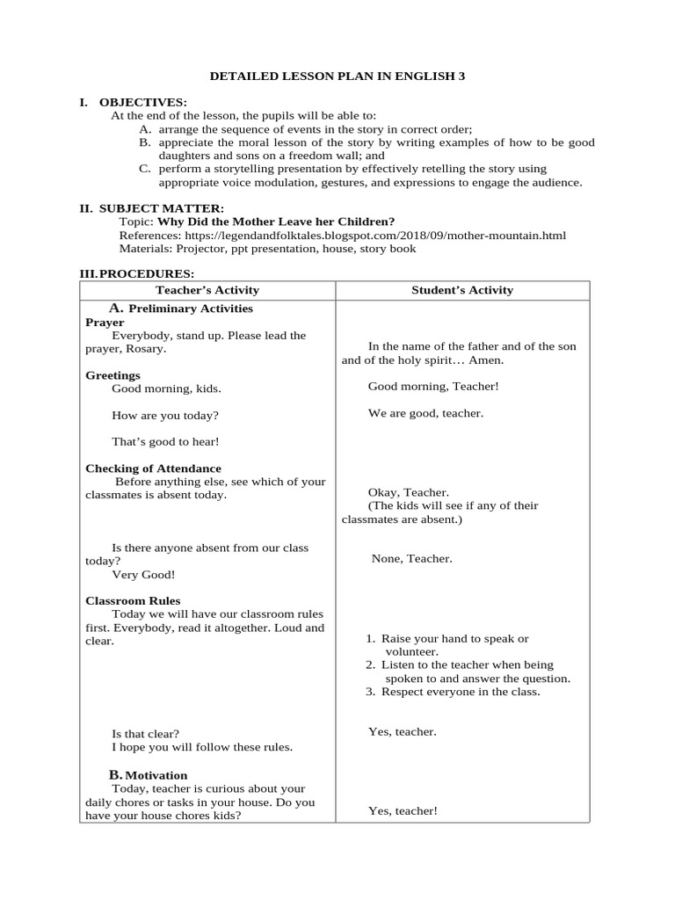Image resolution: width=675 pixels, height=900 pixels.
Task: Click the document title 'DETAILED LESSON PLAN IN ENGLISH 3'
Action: (337, 76)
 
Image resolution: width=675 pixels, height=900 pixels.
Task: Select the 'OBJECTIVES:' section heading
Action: (142, 103)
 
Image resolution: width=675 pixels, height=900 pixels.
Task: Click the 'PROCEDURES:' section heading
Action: (147, 274)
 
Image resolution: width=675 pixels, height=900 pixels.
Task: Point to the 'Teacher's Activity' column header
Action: (207, 290)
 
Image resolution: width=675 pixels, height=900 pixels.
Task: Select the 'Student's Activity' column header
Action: (462, 290)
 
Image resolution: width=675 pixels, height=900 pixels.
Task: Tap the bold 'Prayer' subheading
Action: (105, 323)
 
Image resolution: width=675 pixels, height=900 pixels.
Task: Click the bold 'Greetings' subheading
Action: (112, 375)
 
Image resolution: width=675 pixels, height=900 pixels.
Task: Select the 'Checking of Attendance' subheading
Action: (153, 468)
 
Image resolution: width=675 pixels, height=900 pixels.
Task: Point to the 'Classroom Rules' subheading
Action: (133, 601)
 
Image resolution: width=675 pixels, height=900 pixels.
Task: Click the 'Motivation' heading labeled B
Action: (156, 775)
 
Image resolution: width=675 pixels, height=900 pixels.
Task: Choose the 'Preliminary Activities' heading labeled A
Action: (191, 308)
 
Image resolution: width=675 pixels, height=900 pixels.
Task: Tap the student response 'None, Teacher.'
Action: (412, 558)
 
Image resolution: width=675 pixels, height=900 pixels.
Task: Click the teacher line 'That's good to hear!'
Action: (165, 441)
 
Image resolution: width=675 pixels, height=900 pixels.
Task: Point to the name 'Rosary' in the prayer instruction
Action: (147, 349)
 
